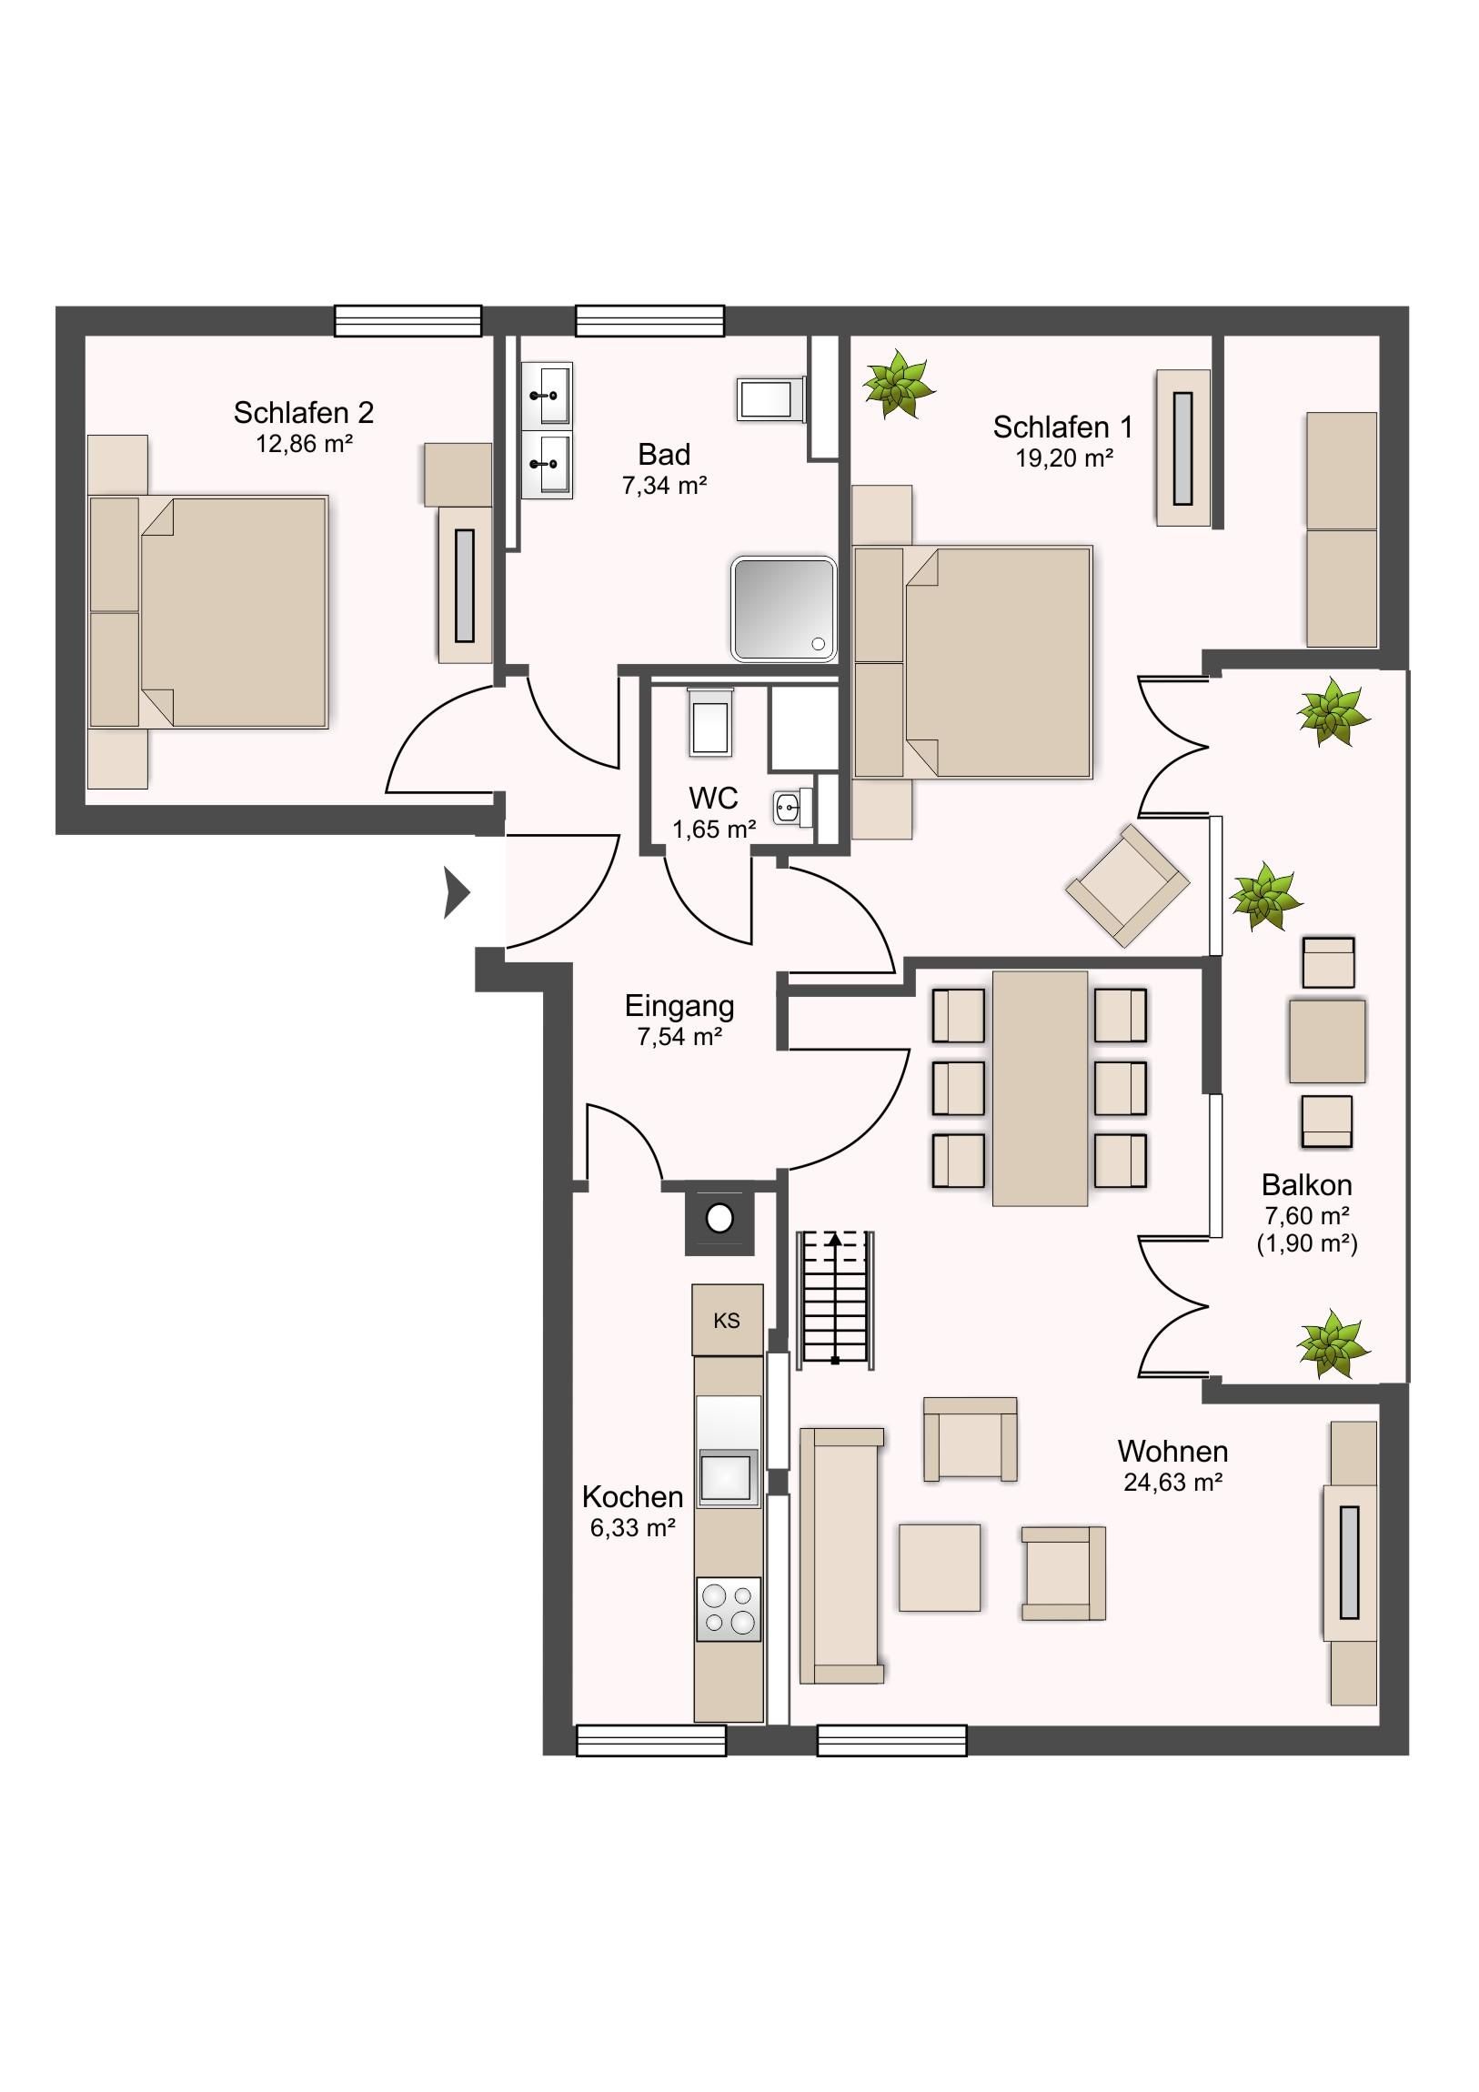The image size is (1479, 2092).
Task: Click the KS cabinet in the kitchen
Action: tap(727, 1321)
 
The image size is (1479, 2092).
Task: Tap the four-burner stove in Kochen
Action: tap(728, 1610)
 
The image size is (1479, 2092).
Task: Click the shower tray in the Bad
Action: tap(784, 608)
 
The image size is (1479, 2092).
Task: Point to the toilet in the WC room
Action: tap(709, 721)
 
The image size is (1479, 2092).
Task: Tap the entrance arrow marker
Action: tap(456, 892)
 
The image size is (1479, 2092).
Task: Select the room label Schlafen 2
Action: tap(304, 413)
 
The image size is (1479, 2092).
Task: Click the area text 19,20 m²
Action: tap(1064, 458)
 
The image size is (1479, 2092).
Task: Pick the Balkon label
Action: tap(1307, 1184)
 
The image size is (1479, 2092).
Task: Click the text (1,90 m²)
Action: tap(1307, 1243)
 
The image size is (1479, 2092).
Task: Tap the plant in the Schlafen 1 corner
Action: tap(899, 384)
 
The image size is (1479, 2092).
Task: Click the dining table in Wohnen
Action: tap(1040, 1089)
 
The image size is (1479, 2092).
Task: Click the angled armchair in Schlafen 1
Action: tap(1128, 885)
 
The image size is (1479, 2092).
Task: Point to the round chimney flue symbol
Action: tap(719, 1218)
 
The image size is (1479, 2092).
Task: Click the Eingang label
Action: tap(679, 1006)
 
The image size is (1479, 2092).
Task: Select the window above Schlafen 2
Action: tap(407, 321)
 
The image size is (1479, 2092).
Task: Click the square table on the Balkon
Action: tap(1327, 1041)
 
